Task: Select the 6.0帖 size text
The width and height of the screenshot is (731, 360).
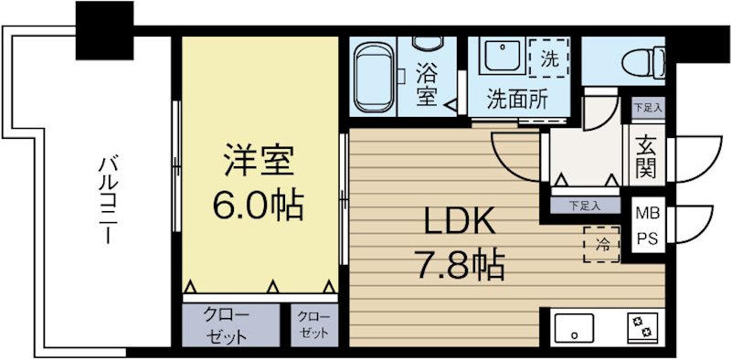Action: [259, 205]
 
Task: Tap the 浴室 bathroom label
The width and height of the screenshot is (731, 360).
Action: [426, 81]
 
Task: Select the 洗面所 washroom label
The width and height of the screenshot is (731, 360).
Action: [517, 99]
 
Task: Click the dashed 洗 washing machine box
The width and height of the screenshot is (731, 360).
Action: [549, 58]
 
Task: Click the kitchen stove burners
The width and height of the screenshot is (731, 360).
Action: [640, 327]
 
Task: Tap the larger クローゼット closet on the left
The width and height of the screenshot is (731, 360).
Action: [228, 324]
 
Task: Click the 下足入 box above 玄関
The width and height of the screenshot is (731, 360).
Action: [648, 107]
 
